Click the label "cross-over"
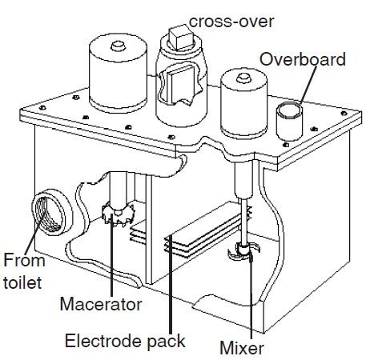[231, 22]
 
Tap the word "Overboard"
[303, 59]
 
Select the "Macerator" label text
[101, 304]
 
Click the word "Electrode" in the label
[103, 341]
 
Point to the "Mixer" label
[242, 348]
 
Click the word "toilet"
[22, 282]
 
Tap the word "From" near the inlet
[24, 260]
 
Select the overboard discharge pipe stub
[289, 122]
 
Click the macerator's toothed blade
[119, 214]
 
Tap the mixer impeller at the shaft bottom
[243, 251]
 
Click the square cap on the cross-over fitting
[180, 37]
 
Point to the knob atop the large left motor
[118, 46]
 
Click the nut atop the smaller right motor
[243, 78]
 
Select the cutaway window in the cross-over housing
[179, 84]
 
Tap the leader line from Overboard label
[308, 85]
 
